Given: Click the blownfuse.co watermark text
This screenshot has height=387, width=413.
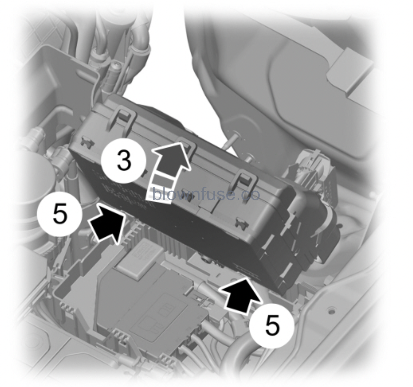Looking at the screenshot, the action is click(x=206, y=195).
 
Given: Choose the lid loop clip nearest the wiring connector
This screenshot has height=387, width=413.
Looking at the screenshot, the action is click(x=246, y=181).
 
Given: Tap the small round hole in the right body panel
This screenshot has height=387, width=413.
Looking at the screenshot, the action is click(x=331, y=311).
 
